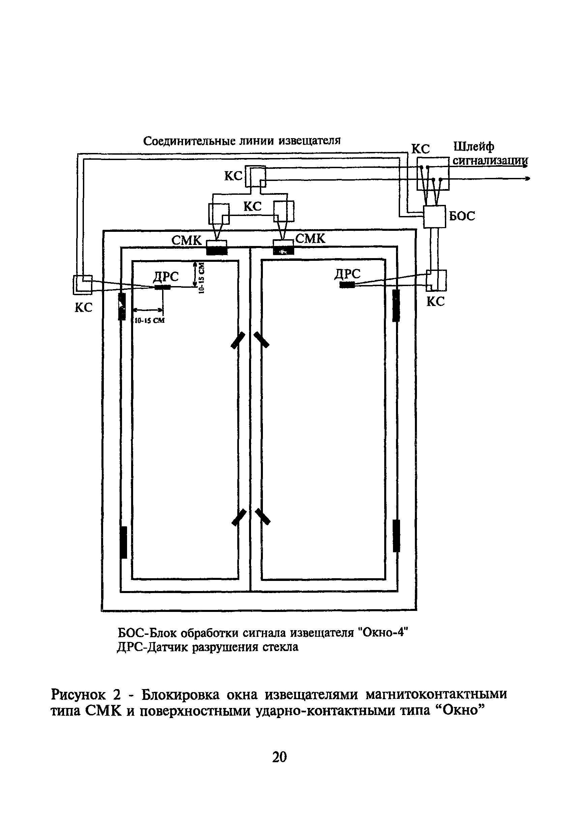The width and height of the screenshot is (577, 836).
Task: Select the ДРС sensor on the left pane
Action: [162, 287]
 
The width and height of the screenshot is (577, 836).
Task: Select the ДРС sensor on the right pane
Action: [347, 285]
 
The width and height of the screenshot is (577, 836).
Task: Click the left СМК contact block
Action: [217, 248]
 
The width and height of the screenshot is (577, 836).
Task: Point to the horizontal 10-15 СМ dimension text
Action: [149, 320]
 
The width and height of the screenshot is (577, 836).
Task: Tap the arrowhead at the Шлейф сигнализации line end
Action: [527, 178]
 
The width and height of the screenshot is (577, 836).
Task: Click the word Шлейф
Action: [474, 147]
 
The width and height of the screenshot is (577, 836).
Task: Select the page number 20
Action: [279, 756]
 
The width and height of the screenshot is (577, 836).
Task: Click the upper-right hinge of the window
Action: [396, 305]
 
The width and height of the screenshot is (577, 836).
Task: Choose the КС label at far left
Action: [84, 308]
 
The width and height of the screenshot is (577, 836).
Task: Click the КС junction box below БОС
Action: [436, 280]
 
